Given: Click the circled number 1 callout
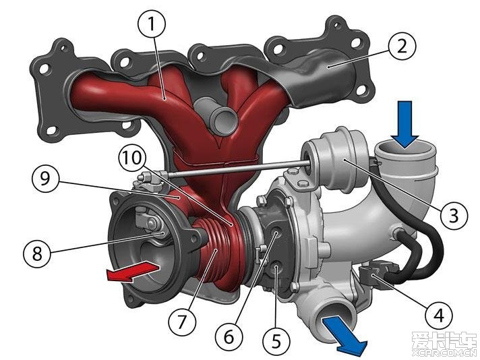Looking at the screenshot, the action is tap(152, 24).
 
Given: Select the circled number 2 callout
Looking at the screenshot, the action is tap(402, 47).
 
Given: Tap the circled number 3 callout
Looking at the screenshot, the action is tap(454, 215).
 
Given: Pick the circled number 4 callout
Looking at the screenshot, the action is tap(439, 315).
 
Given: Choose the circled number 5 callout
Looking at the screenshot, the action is tap(276, 340).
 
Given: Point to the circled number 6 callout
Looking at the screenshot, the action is tap(229, 336).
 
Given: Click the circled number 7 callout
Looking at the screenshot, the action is tap(182, 322).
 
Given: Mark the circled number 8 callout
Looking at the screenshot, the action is tap(37, 253).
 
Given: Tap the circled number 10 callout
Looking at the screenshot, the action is tap(133, 158).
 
